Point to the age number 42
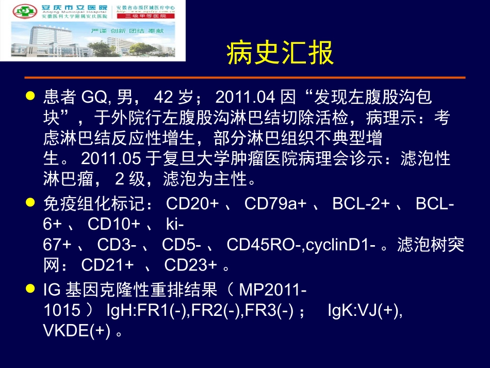point(166,96)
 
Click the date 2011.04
point(246,96)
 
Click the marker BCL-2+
point(361,204)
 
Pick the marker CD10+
point(114,225)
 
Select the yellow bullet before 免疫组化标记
point(31,203)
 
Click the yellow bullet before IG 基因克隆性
point(31,290)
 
